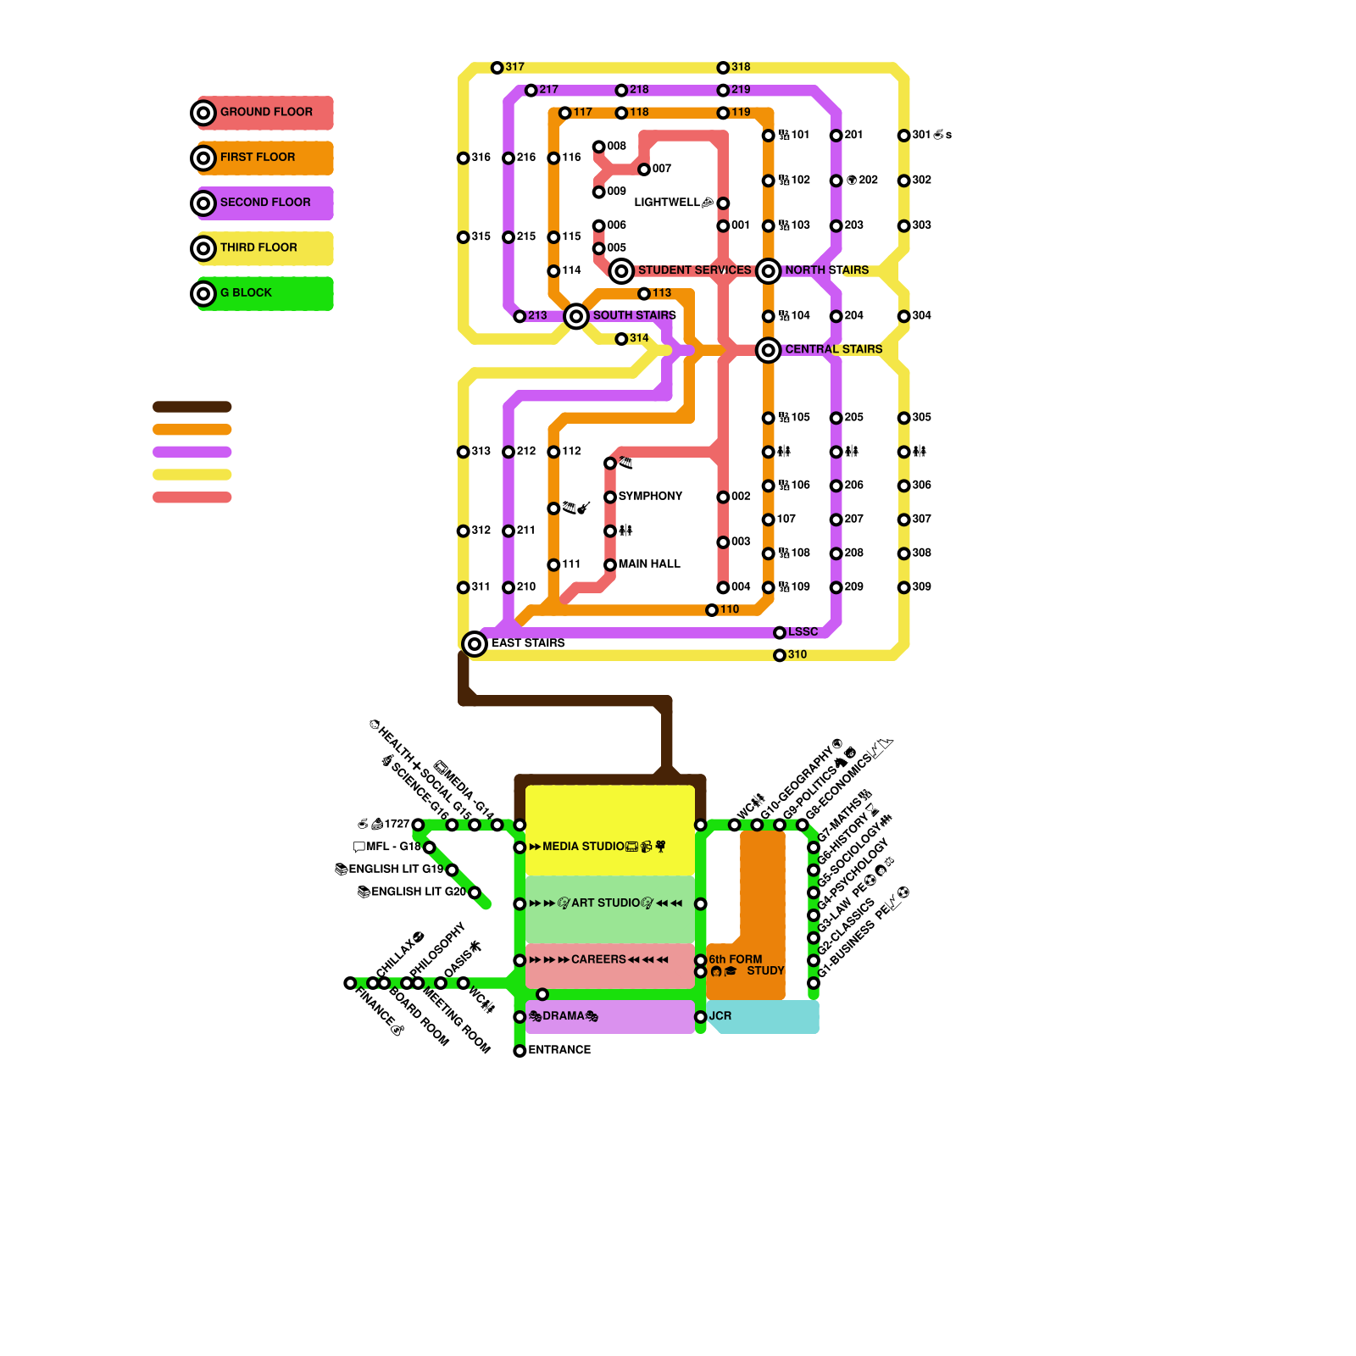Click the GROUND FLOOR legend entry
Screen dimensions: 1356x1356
[265, 112]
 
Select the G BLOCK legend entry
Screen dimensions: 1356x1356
[246, 293]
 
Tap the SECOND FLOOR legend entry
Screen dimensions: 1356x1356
[264, 203]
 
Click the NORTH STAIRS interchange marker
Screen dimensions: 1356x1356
[769, 271]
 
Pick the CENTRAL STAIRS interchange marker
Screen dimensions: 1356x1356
[769, 350]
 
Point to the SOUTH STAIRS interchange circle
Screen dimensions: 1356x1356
[576, 316]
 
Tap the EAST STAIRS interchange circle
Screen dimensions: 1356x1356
[475, 644]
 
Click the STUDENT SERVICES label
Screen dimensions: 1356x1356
[694, 270]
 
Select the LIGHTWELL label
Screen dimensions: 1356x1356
[667, 203]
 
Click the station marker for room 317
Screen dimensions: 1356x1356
[497, 68]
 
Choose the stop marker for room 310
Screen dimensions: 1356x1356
[780, 655]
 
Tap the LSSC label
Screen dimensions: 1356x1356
[803, 632]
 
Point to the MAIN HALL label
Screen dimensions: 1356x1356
[649, 564]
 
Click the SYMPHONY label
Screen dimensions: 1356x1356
[650, 497]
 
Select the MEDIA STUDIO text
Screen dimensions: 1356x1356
[583, 847]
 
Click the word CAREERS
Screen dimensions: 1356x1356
[598, 959]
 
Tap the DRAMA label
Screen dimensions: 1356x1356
[564, 1016]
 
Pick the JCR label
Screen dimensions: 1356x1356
[720, 1016]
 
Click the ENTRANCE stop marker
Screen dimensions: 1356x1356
[520, 1051]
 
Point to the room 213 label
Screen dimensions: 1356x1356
[537, 316]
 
